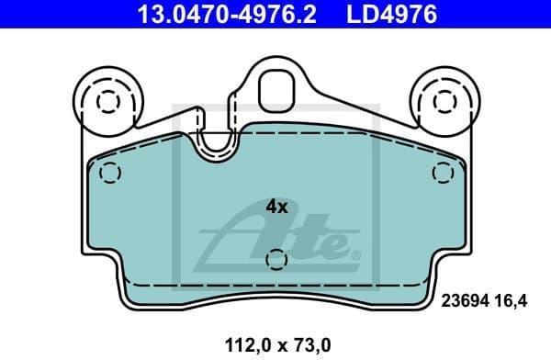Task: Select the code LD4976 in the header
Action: (x=390, y=15)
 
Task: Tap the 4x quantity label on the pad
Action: (x=275, y=207)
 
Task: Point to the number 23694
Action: (x=467, y=298)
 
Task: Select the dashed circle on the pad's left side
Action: (x=109, y=172)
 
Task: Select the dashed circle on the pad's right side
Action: (x=442, y=172)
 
